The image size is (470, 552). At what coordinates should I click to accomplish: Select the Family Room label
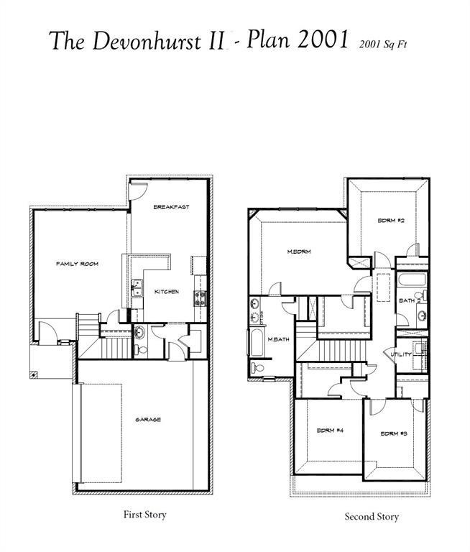(x=77, y=264)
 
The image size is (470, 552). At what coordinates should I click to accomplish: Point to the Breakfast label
(x=171, y=207)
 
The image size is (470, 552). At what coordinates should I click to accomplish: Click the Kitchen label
(x=167, y=292)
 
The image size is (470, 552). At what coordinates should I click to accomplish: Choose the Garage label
(x=148, y=420)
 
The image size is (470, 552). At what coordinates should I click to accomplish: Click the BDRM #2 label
(x=392, y=221)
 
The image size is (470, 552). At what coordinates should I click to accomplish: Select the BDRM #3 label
(x=394, y=433)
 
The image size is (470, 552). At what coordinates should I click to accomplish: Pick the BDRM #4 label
(x=330, y=431)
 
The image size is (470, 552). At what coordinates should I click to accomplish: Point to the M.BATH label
(x=278, y=339)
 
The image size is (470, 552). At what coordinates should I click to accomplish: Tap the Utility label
(x=400, y=354)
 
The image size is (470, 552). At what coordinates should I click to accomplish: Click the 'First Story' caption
(x=145, y=515)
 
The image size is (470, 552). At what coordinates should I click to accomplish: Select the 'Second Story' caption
(x=371, y=517)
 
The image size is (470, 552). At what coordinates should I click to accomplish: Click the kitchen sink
(x=135, y=290)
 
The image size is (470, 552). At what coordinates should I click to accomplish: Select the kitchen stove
(x=199, y=296)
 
